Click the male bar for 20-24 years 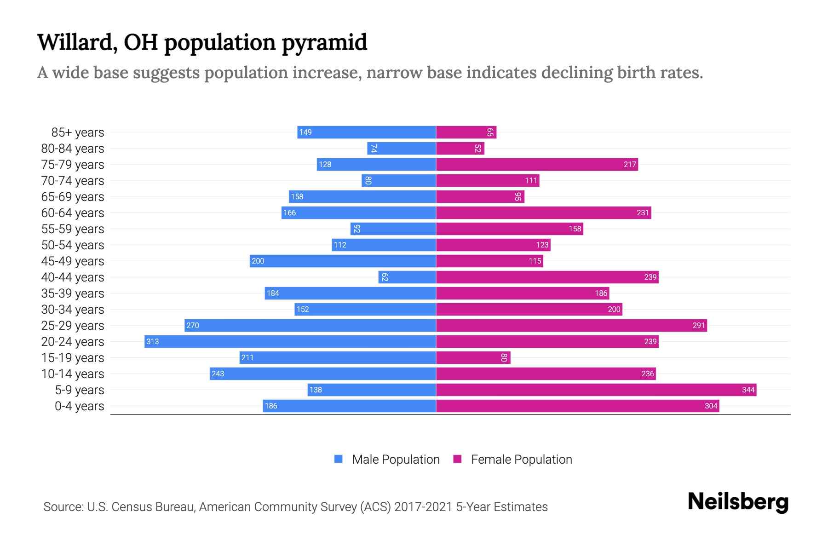290,341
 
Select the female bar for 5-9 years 596,390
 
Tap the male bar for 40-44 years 407,277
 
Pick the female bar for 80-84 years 460,148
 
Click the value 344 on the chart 748,390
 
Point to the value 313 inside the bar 152,341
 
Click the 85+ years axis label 77,132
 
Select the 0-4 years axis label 79,406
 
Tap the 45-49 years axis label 73,261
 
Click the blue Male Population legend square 339,459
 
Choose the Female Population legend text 521,459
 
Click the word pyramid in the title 324,43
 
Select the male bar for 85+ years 367,132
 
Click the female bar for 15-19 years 473,357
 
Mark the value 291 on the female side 698,325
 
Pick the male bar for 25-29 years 310,325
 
